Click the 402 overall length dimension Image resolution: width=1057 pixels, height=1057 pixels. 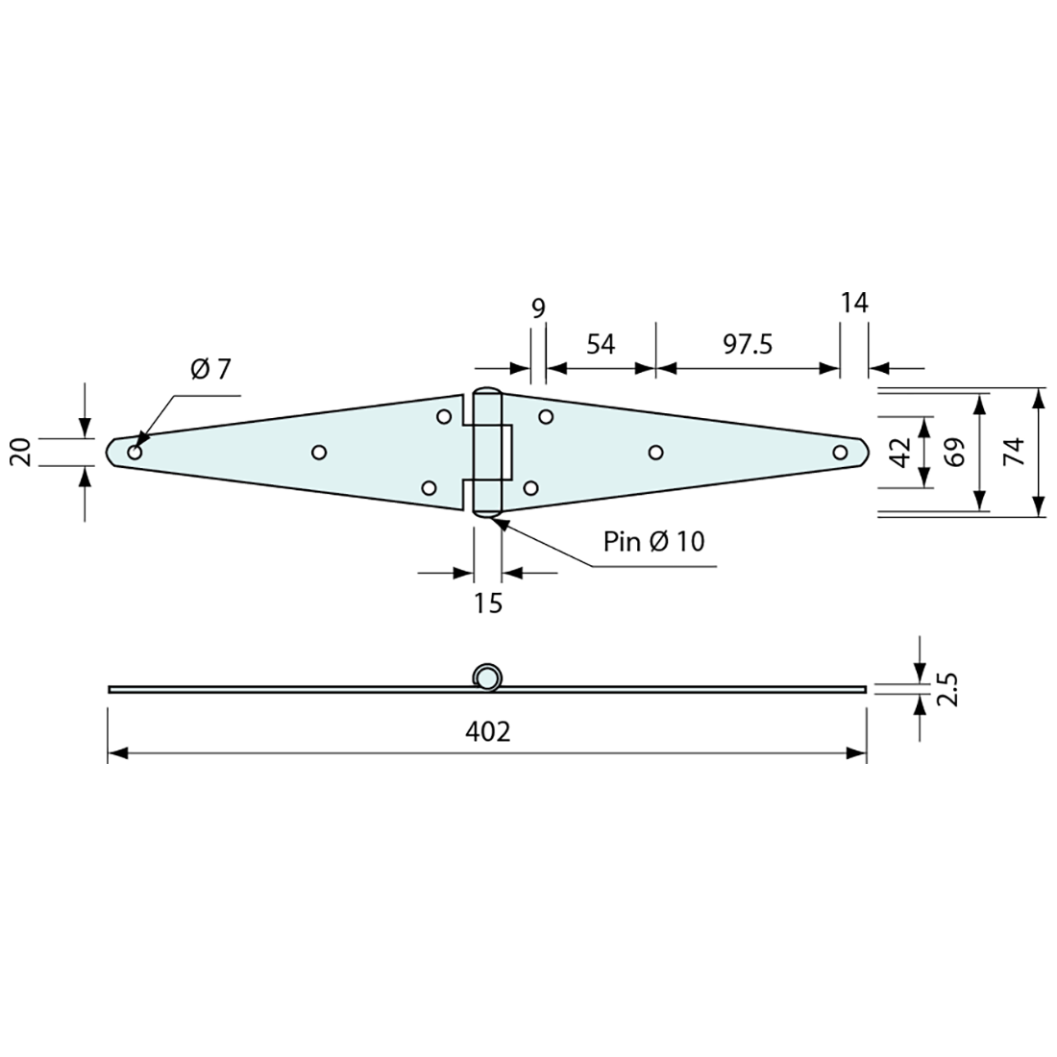(x=488, y=731)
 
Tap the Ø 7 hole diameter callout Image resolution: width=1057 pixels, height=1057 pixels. (x=210, y=369)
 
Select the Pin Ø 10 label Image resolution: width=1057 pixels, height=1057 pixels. (x=653, y=541)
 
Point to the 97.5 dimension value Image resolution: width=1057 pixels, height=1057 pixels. (x=749, y=344)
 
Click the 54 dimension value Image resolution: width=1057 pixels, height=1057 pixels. (x=601, y=344)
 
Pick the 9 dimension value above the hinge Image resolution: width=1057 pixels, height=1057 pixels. (x=538, y=308)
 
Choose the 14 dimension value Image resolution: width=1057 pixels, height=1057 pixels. (x=854, y=304)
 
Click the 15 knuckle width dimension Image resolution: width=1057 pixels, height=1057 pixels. (x=488, y=603)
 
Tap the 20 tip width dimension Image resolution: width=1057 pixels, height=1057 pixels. (x=20, y=452)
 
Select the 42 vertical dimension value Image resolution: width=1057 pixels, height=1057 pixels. (x=901, y=452)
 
